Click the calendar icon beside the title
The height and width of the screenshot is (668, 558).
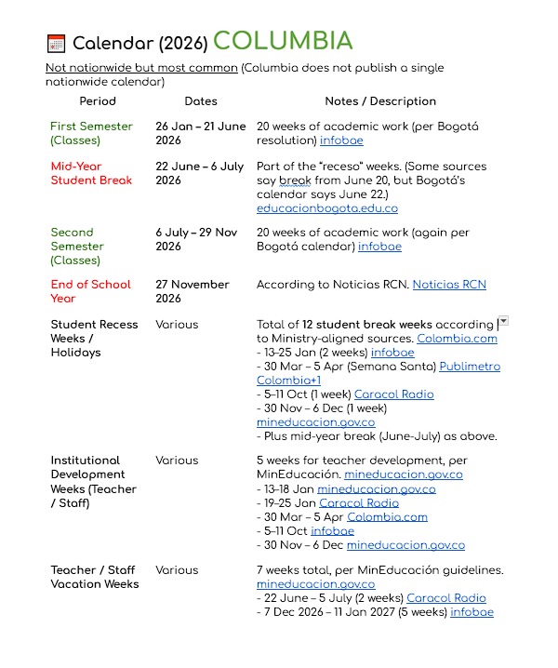coord(56,43)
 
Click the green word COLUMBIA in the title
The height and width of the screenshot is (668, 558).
coord(283,41)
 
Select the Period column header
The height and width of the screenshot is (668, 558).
coord(98,100)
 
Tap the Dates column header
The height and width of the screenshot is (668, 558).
coord(201,100)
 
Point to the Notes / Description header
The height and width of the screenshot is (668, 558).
coord(380,100)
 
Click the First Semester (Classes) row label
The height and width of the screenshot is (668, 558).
coord(91,133)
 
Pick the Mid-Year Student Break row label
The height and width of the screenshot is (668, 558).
coord(91,173)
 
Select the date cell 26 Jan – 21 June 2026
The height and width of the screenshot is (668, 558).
coord(201,133)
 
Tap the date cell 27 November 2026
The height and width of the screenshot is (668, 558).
coord(193,291)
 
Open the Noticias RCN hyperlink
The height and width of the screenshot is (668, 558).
coord(449,285)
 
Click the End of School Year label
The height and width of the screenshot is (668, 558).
coord(90,291)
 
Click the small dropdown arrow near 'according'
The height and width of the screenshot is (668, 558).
coord(503,321)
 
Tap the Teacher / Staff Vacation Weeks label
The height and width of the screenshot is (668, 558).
coord(94,577)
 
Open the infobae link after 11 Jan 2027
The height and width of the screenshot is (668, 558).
coord(472,612)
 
